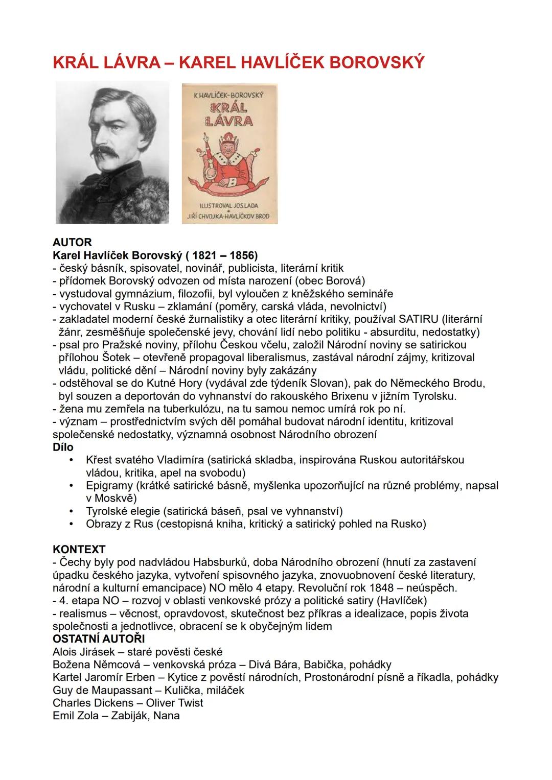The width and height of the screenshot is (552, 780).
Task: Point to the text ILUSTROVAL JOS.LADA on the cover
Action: point(229,205)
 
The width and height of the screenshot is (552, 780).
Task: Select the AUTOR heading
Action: point(72,243)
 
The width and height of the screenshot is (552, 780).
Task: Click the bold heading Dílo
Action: point(63,447)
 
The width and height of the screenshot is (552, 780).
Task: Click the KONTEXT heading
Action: point(79,550)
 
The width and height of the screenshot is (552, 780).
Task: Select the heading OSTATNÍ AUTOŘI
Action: point(99,639)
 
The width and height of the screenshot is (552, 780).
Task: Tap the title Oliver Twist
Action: point(174,703)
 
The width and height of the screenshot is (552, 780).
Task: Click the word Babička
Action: point(321,665)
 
